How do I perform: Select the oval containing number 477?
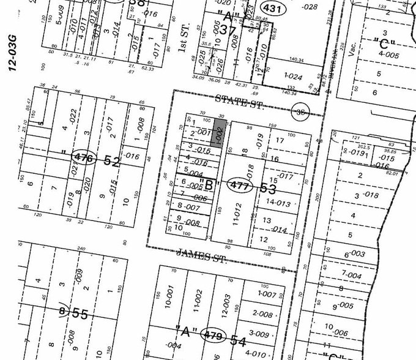coord(239,185)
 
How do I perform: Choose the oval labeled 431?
coord(272,7)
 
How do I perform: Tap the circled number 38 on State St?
coord(300,111)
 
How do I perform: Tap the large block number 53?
coord(269,188)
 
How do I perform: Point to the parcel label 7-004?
coord(352,276)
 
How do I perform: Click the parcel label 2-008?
coord(262,315)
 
